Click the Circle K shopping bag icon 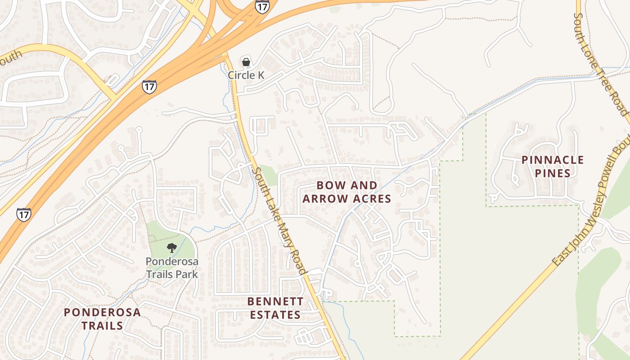(246, 62)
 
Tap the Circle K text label (246, 75)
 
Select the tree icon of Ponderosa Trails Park (171, 247)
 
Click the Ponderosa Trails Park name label (171, 267)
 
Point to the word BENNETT (275, 301)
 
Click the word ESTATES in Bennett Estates (275, 315)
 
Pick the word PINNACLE (553, 160)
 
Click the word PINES (553, 173)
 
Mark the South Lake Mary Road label (279, 220)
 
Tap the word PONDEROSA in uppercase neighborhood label (102, 312)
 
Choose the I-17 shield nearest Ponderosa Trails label (24, 214)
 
